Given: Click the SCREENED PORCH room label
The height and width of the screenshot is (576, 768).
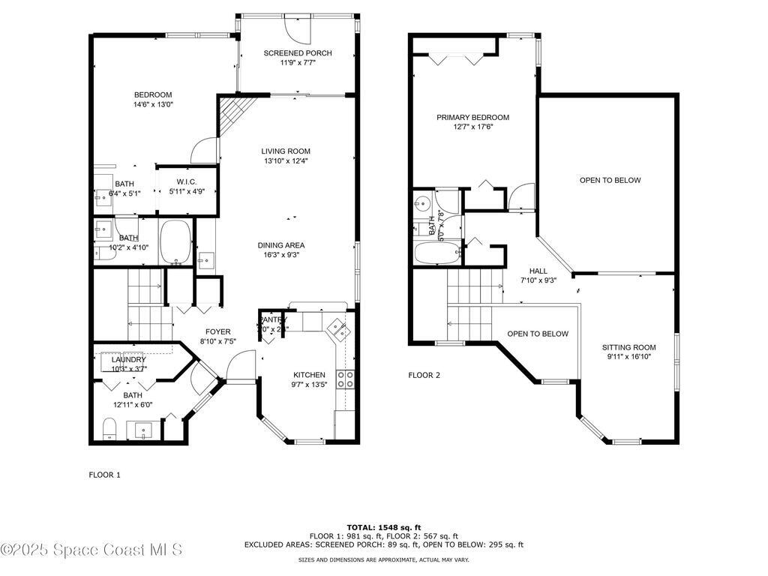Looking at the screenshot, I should [298, 53].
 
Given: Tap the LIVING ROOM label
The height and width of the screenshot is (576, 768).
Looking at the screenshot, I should [286, 151].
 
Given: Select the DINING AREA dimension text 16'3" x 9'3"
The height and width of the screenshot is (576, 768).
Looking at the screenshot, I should [281, 255].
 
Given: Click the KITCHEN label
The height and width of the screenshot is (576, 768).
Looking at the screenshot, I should [309, 375].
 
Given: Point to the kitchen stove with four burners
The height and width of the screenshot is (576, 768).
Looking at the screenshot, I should [346, 379].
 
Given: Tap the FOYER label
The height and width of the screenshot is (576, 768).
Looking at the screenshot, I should [218, 331].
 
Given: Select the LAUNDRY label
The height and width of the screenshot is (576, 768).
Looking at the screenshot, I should [118, 360].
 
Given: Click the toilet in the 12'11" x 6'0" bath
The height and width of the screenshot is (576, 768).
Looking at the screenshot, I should [109, 430].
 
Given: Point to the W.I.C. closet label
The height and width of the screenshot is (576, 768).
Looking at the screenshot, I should [187, 181].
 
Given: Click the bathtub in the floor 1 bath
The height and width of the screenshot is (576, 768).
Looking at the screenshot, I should [176, 243].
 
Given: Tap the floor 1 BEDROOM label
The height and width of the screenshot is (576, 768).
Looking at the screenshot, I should [153, 94].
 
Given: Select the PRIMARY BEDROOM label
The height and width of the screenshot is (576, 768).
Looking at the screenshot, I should [473, 118].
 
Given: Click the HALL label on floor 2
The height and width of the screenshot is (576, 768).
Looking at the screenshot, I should [538, 271].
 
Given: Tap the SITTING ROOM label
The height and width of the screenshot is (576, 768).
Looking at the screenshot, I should [628, 347].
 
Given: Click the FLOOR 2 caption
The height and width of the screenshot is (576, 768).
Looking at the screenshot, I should [424, 376].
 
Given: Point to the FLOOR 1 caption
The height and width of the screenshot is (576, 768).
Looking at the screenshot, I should [104, 475].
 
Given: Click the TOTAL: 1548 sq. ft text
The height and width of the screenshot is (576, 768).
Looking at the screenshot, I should [383, 527].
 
